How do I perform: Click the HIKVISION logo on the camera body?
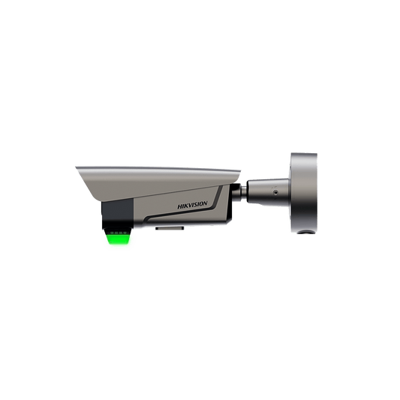(x=192, y=205)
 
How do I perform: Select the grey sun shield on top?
(x=158, y=182)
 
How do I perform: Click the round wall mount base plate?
(x=304, y=193)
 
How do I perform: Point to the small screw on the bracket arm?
(x=275, y=191)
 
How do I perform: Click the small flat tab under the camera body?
(x=170, y=228)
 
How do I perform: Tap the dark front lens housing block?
(x=117, y=211)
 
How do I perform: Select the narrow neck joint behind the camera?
(x=243, y=193)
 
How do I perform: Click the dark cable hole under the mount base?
(x=305, y=232)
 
